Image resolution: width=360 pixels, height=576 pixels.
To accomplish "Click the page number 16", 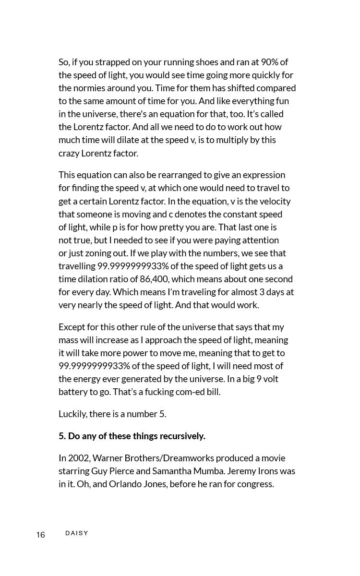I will coord(40,535).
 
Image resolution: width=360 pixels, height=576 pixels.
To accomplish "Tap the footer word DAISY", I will coord(77,533).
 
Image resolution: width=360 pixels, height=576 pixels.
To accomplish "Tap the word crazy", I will coord(69,153).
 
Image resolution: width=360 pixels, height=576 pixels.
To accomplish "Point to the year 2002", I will coord(79,458).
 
